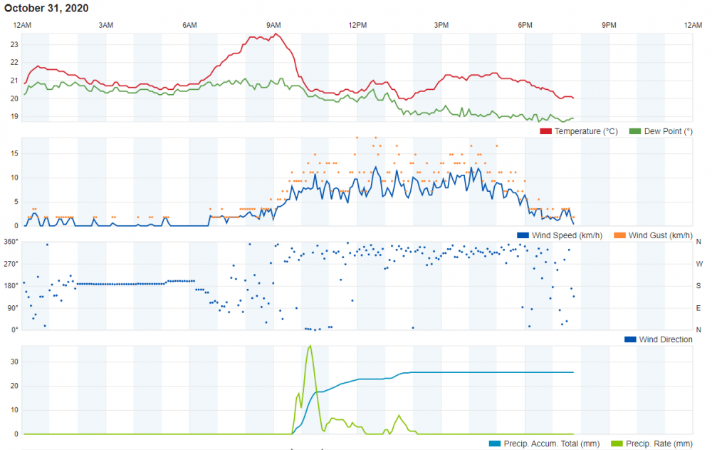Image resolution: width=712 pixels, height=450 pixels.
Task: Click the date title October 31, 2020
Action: (x=46, y=8)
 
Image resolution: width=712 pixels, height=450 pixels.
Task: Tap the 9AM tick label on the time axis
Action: (x=273, y=25)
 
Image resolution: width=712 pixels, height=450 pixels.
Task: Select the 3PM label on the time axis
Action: (x=441, y=25)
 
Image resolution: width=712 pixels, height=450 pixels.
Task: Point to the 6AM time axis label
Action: (x=189, y=25)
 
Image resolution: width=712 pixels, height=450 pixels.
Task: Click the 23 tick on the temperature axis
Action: (x=14, y=45)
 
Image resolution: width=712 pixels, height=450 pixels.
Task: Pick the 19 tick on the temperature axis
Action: (x=14, y=116)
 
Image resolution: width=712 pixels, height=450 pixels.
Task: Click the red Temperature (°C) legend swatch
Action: (x=546, y=131)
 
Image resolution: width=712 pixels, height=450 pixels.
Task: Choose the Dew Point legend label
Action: (x=669, y=131)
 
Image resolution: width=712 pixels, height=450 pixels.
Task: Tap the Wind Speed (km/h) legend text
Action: (x=567, y=235)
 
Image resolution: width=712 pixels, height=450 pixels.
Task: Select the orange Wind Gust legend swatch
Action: (x=620, y=235)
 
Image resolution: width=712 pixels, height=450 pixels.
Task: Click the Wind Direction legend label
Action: (x=666, y=339)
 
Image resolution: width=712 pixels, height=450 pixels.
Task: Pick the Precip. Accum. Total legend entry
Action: (x=545, y=444)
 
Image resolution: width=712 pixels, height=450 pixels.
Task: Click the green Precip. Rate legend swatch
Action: (x=617, y=444)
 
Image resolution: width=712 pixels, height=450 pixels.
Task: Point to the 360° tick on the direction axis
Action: (x=11, y=242)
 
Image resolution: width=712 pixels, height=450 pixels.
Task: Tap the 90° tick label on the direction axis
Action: (x=13, y=308)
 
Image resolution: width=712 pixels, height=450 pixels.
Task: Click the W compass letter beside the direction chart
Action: (x=699, y=264)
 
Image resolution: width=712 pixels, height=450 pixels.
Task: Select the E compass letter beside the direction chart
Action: (x=699, y=308)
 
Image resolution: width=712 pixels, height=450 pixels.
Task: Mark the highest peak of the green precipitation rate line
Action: (x=310, y=346)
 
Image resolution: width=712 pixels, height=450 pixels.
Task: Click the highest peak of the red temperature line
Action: (x=276, y=34)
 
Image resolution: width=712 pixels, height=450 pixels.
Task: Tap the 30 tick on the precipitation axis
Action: (x=14, y=362)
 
